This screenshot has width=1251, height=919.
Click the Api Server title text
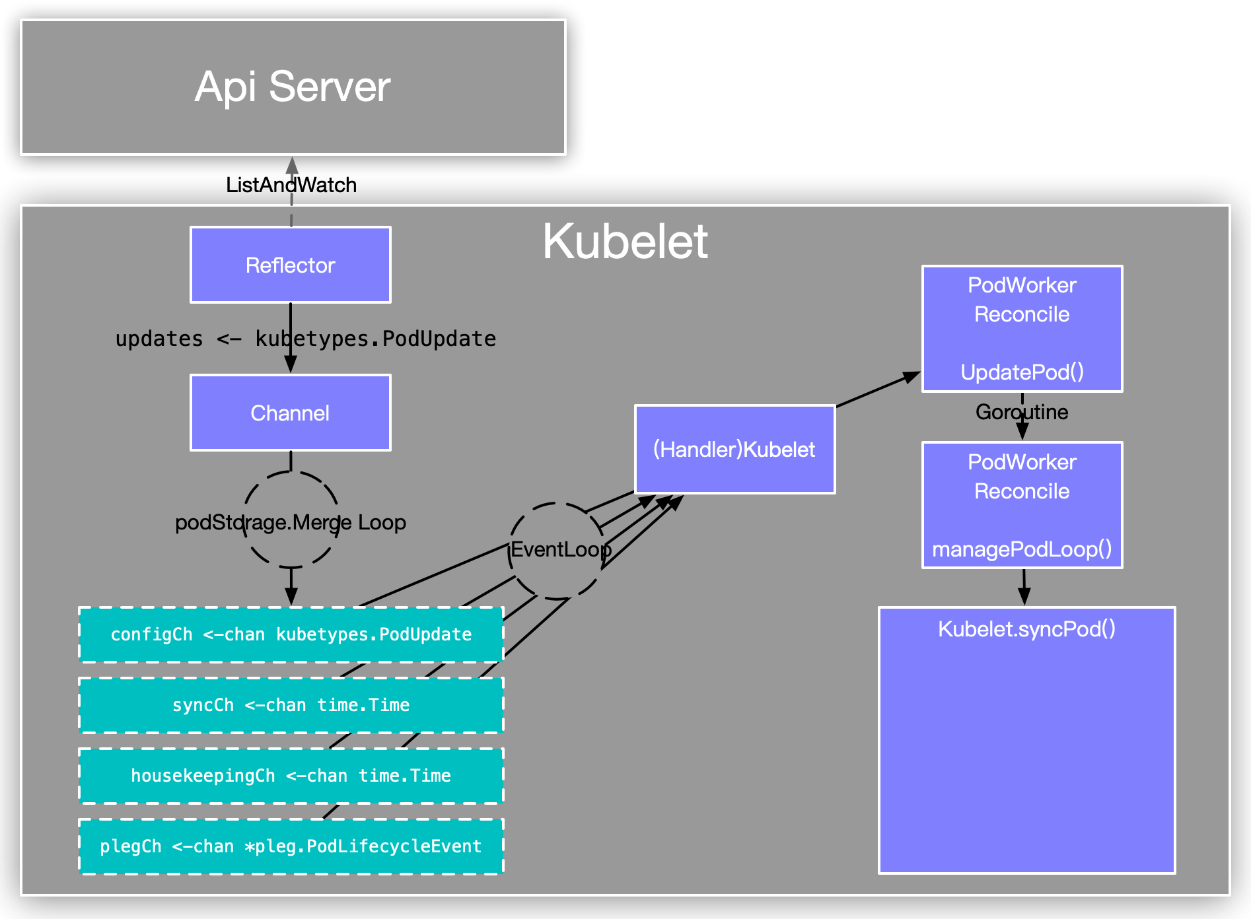click(293, 86)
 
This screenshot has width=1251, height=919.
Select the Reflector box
click(291, 265)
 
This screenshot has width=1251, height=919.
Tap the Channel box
click(291, 413)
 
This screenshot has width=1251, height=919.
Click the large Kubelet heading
click(625, 242)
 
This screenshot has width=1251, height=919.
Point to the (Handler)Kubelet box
click(734, 450)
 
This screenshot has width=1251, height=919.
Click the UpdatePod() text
click(1022, 372)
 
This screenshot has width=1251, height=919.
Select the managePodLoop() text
click(1022, 549)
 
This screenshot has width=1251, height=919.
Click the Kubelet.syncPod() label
click(1026, 629)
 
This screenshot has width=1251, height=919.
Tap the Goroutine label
click(1022, 412)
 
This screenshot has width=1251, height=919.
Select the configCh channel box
click(291, 634)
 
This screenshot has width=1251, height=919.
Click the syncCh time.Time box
click(291, 705)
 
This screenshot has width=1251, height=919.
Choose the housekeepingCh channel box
click(291, 776)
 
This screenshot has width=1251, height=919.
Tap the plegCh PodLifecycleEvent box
click(291, 846)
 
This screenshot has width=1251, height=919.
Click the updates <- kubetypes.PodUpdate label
click(305, 339)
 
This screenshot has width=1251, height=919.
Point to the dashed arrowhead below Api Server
click(292, 165)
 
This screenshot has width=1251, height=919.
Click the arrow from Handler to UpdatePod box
click(878, 390)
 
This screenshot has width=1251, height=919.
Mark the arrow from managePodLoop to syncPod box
click(1024, 588)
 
